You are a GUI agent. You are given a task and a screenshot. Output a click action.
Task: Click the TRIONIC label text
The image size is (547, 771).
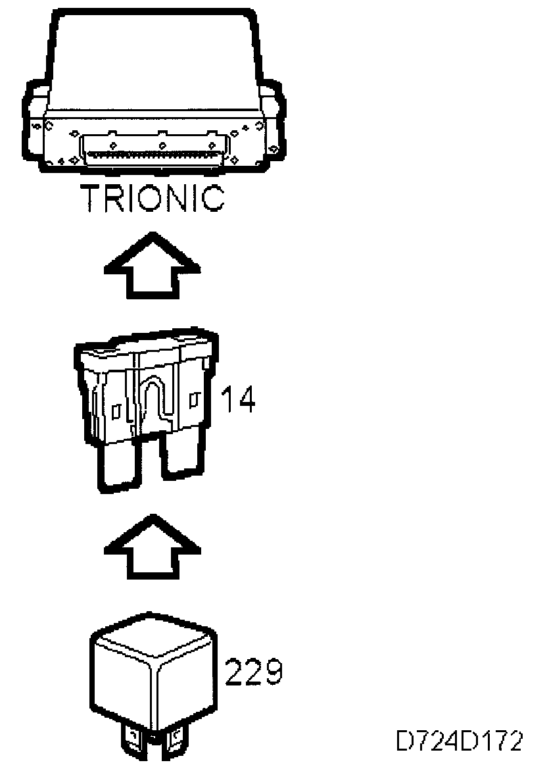pos(152,199)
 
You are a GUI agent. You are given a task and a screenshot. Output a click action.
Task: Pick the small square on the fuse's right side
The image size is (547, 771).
pos(193,399)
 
